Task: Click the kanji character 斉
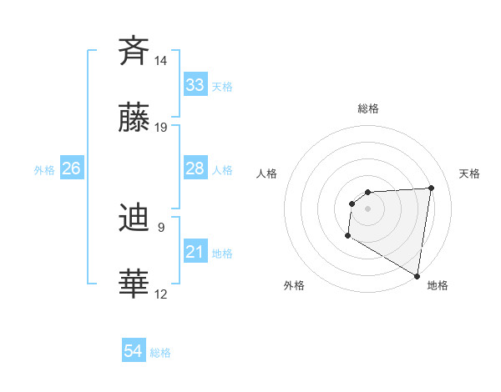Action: coord(134,50)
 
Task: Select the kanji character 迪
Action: coord(134,218)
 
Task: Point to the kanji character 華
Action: coord(134,284)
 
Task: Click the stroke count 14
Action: coord(161,61)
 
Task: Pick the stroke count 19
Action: coord(161,128)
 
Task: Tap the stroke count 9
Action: coord(161,227)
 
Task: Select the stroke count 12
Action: coord(161,294)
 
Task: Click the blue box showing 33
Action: coord(195,85)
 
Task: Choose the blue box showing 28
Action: coord(195,169)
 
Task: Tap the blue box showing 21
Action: coord(195,252)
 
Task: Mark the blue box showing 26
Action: coord(72,169)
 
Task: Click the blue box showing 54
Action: coord(134,352)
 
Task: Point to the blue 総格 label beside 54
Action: coord(160,353)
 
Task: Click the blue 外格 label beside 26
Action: coord(44,170)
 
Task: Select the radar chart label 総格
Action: coord(368,108)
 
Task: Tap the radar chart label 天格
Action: coord(470,173)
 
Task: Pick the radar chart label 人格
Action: coord(267,173)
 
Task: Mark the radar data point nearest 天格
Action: coord(431,188)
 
